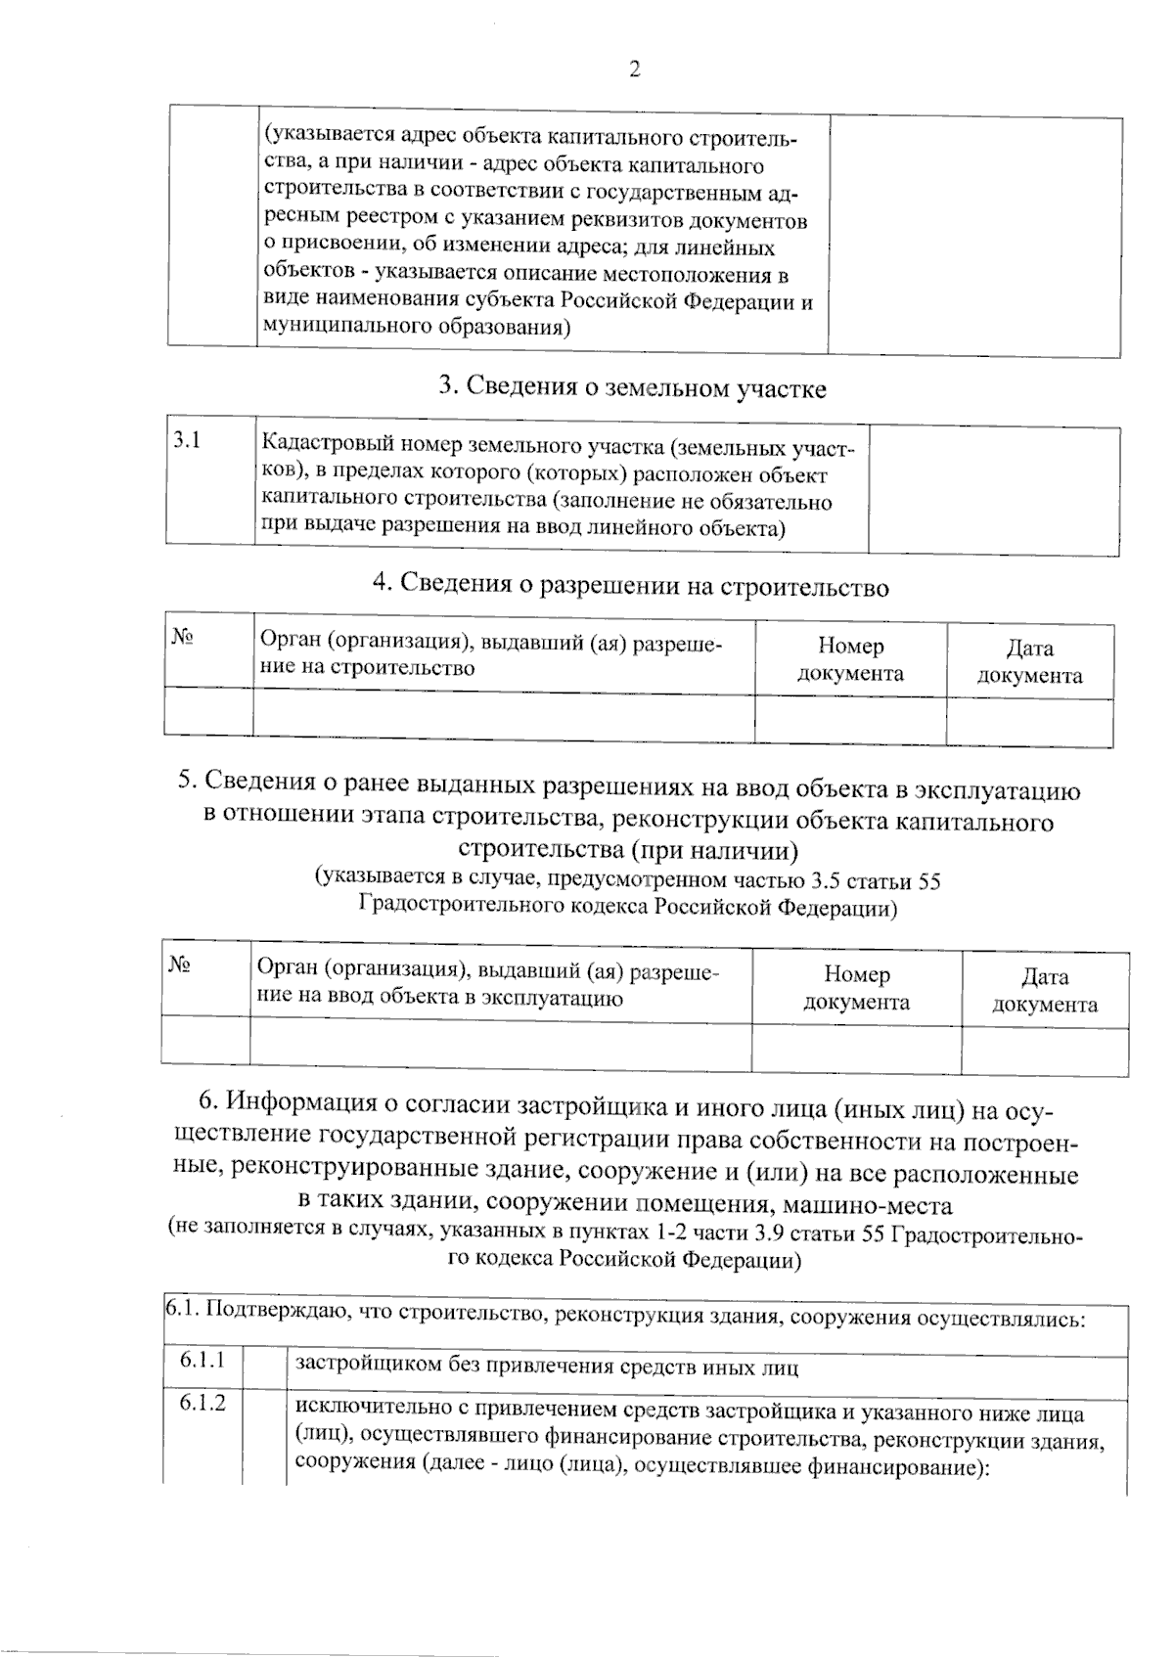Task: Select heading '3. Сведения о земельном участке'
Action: pyautogui.click(x=632, y=388)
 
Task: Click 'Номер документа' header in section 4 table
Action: pyautogui.click(x=850, y=659)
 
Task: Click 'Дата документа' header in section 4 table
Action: pyautogui.click(x=1029, y=661)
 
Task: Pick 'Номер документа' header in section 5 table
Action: pyautogui.click(x=856, y=988)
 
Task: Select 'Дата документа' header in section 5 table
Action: pyautogui.click(x=1044, y=990)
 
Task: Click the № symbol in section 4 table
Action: pyautogui.click(x=182, y=638)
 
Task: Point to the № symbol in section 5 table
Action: pyautogui.click(x=179, y=965)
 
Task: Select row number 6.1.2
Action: pyautogui.click(x=203, y=1403)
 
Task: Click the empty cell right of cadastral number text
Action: pyautogui.click(x=993, y=489)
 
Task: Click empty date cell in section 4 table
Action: pyautogui.click(x=1029, y=723)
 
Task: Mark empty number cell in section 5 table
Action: pyautogui.click(x=856, y=1049)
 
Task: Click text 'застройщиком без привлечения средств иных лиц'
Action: pyautogui.click(x=546, y=1367)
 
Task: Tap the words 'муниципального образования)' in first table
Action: pyautogui.click(x=417, y=328)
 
